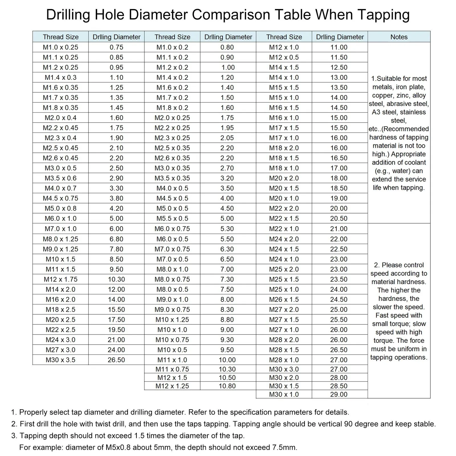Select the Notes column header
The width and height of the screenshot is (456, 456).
point(399,37)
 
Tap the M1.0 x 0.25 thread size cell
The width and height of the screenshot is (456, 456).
point(60,47)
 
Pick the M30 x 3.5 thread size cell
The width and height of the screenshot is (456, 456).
point(60,360)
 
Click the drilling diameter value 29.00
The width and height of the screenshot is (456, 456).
point(339,394)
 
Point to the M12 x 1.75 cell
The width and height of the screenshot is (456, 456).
point(60,279)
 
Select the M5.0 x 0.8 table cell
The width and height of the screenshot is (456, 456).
point(60,208)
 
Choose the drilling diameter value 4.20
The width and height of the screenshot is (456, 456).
point(116,208)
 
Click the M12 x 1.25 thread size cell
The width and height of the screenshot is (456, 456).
point(172,386)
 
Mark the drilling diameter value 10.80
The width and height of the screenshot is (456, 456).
point(227,386)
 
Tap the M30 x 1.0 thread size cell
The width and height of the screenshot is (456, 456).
point(284,394)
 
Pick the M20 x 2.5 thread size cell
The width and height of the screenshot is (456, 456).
point(60,319)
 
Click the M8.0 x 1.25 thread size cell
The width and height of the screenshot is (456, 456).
point(60,239)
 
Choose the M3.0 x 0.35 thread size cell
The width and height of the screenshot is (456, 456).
point(172,168)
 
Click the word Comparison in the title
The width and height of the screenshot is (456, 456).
point(231,14)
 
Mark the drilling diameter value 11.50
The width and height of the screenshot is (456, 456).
point(339,57)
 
